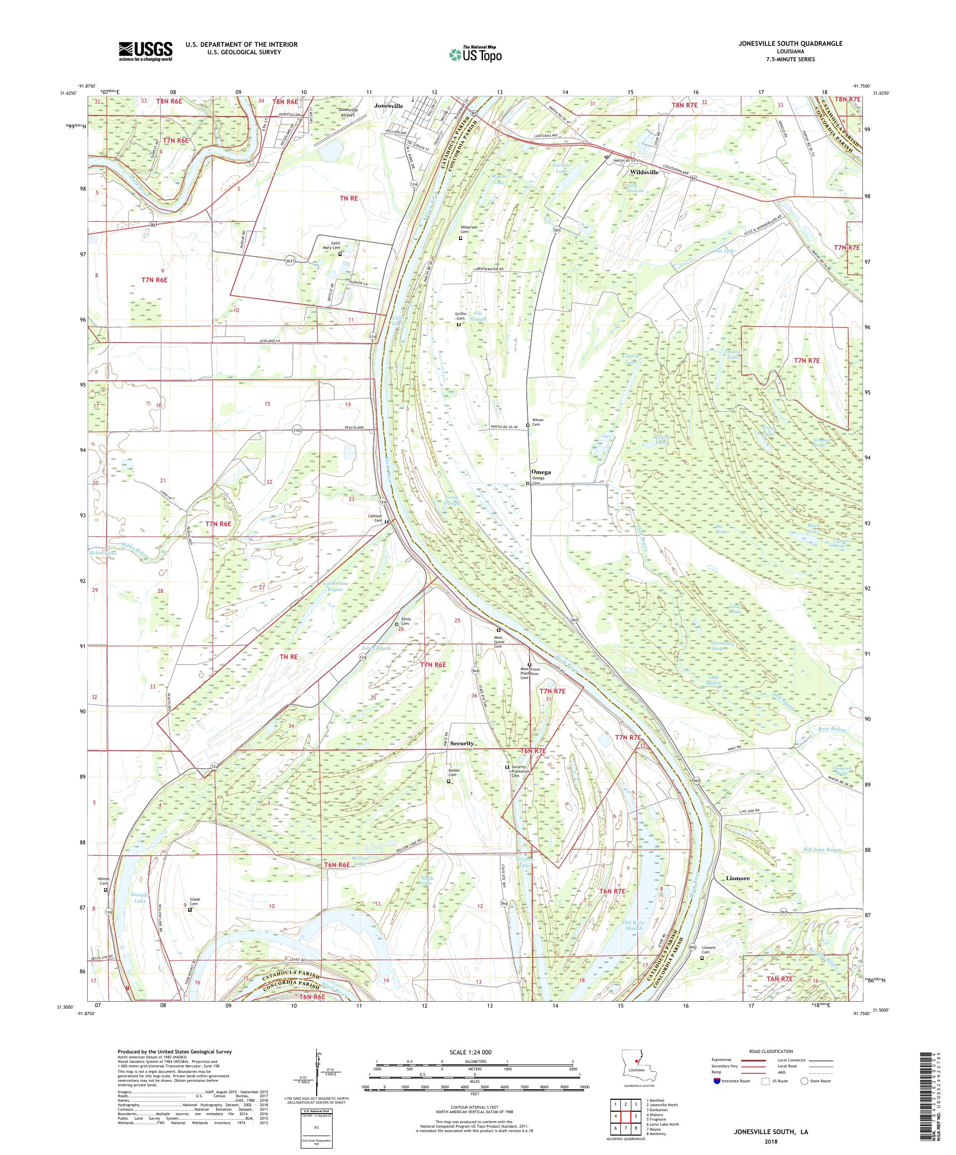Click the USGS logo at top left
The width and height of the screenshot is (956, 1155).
tap(145, 51)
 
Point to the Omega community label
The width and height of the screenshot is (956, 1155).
tap(540, 472)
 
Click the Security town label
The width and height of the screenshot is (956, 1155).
tap(461, 743)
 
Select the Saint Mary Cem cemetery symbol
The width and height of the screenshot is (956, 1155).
tap(340, 254)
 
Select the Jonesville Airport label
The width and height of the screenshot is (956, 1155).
tap(348, 113)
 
